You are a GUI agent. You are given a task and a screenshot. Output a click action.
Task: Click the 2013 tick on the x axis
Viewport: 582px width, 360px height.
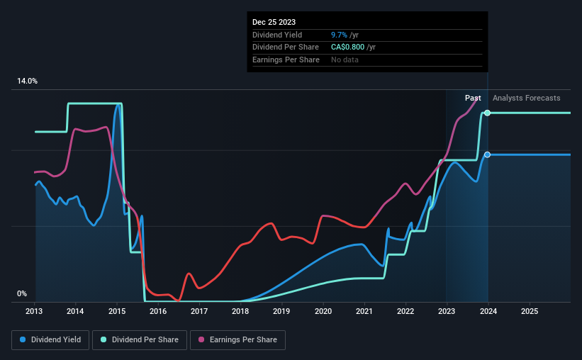(35, 311)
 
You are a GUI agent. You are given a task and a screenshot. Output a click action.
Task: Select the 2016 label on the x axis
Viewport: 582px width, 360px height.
(158, 311)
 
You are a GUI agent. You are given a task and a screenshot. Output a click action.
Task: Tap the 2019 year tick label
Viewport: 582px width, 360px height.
(281, 311)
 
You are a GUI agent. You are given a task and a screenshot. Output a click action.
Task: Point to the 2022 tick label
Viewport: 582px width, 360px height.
(405, 311)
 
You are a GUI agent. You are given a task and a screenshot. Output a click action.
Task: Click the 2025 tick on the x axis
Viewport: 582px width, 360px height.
(529, 311)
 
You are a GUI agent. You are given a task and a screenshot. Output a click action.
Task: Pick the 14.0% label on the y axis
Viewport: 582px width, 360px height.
(27, 81)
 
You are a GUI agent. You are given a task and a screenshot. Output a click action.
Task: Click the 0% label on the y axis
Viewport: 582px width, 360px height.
(22, 293)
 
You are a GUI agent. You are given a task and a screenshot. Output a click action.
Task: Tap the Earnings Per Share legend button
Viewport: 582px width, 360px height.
(237, 340)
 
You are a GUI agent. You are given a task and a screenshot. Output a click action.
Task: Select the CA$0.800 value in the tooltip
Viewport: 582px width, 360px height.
(349, 47)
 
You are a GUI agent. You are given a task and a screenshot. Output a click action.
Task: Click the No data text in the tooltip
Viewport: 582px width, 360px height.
(345, 60)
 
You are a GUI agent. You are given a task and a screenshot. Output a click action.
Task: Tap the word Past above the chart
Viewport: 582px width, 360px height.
(473, 98)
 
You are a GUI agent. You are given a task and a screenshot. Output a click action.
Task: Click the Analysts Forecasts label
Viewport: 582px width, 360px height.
(526, 98)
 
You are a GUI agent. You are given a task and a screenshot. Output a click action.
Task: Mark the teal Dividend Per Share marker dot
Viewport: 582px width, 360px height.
(487, 113)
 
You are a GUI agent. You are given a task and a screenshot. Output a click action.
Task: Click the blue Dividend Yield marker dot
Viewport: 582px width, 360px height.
(487, 154)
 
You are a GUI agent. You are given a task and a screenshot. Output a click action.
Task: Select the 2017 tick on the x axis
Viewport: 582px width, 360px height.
(199, 311)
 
